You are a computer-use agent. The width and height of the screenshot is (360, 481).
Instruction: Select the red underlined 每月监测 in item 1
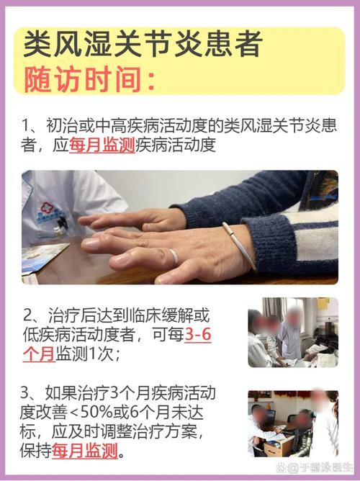click(102, 146)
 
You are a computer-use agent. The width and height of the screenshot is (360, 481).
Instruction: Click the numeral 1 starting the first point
click(27, 124)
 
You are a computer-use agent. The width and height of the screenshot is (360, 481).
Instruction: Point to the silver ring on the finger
click(174, 256)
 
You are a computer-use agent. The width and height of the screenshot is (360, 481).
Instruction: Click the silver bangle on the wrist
click(238, 246)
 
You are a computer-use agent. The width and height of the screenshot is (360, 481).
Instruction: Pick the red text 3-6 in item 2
click(198, 336)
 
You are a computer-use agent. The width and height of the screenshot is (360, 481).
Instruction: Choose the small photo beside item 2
click(292, 332)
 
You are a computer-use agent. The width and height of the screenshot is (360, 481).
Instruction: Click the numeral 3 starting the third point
click(27, 393)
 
